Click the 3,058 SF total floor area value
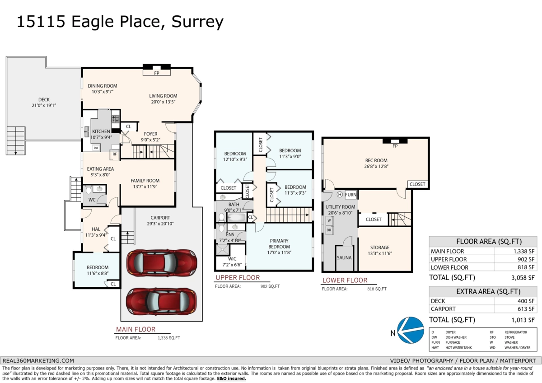point(524,277)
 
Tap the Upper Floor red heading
point(238,277)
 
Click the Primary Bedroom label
point(279,244)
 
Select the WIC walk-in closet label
point(232,259)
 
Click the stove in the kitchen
point(115,119)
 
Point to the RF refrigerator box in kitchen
point(115,154)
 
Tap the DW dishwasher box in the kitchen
point(96,148)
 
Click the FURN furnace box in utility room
point(351,195)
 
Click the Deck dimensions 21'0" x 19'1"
point(44,105)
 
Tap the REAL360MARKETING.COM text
point(38,360)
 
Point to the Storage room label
point(380,248)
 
